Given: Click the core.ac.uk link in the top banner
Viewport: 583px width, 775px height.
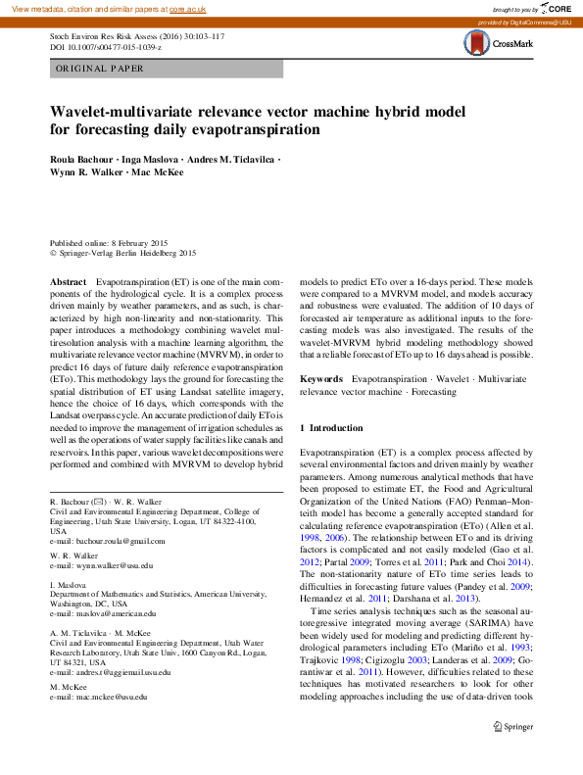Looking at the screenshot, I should [x=187, y=8].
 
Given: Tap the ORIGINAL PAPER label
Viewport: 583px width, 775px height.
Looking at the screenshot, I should [x=100, y=69].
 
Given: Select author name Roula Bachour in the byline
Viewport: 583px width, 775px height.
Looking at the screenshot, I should [x=81, y=159].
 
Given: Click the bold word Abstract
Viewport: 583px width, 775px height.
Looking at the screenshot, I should [x=68, y=281].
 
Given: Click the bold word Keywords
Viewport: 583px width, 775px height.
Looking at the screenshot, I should [x=320, y=377].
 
